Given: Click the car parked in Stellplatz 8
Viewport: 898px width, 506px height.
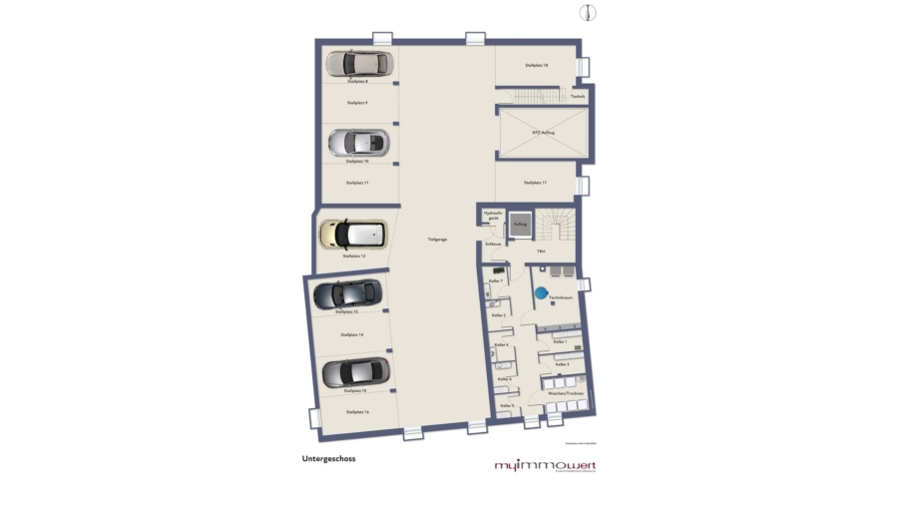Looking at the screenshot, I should (x=357, y=65).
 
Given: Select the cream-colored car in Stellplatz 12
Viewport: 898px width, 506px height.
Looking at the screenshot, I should (x=352, y=235).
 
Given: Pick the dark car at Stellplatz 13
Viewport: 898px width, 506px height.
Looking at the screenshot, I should (x=347, y=293).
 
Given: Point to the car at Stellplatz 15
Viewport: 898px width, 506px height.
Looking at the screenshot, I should (x=352, y=372).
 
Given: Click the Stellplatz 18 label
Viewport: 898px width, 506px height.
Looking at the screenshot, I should (x=537, y=65).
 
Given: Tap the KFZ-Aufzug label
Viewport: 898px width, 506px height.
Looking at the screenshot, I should (x=543, y=132).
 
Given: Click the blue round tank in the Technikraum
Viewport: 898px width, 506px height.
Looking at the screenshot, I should (x=540, y=293).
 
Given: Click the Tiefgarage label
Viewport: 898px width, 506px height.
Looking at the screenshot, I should (x=437, y=240).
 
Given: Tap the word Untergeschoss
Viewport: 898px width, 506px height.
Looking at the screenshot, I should (x=328, y=459).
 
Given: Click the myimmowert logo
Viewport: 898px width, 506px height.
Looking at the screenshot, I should (x=545, y=466).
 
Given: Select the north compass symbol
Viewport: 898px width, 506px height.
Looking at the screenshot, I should (x=590, y=12).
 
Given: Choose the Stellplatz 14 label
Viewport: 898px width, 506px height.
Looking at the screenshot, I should (x=352, y=335).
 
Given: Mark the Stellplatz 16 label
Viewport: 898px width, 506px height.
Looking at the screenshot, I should (x=356, y=411).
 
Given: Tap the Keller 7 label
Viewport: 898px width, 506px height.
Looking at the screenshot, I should (x=495, y=281).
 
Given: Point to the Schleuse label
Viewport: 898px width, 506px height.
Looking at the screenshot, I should (x=492, y=244).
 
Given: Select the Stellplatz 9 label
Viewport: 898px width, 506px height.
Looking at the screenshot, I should (x=357, y=103).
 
